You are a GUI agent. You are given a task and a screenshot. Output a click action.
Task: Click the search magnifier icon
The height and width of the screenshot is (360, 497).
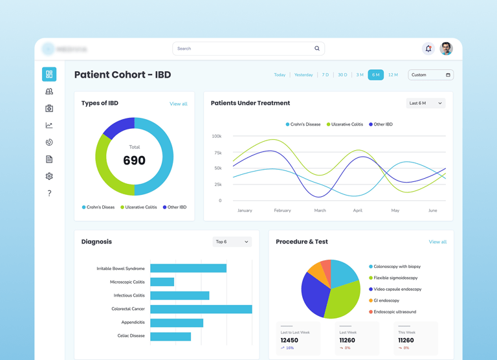317,49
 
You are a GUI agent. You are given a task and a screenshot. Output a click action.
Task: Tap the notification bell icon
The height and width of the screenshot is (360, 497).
428,49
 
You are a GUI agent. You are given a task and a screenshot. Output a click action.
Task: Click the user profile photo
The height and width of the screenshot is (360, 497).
446,49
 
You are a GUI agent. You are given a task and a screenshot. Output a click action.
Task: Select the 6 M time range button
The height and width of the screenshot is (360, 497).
376,75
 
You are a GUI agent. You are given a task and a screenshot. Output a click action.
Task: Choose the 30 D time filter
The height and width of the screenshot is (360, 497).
342,75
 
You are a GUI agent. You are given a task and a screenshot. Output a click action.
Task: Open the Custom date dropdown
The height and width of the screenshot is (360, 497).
430,75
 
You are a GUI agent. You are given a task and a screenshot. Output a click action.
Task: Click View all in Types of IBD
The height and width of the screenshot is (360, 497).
178,104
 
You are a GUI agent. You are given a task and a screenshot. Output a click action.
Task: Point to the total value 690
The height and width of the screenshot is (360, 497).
134,161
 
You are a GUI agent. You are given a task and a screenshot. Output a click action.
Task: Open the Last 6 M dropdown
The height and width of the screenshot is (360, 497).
425,104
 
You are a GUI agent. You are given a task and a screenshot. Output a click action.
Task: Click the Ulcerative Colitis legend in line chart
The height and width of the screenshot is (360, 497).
347,124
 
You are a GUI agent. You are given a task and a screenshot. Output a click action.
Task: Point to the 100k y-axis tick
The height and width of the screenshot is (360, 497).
216,137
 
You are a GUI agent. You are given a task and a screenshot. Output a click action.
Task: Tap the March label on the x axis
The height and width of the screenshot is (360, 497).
320,210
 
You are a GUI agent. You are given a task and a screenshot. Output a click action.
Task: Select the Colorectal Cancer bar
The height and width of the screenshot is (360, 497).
201,309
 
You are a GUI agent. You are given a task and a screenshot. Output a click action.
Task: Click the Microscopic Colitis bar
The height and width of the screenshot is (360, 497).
162,282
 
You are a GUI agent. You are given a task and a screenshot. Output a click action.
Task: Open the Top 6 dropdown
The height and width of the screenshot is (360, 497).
232,242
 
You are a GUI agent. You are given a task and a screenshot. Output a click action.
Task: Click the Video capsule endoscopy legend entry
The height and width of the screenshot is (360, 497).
397,289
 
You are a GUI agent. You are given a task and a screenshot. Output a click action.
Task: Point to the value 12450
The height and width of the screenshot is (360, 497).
289,340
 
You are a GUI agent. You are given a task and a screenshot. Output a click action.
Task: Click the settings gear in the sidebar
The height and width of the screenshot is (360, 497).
49,176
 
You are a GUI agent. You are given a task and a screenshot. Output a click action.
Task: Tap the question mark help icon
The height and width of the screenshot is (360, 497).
49,193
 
